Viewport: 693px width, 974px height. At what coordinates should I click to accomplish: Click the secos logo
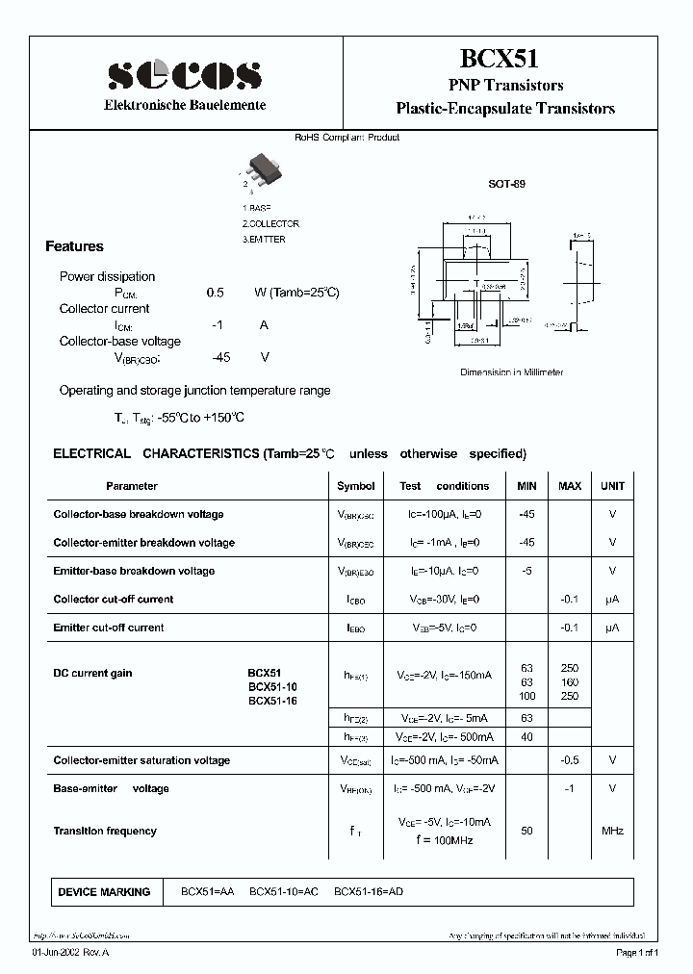tap(184, 74)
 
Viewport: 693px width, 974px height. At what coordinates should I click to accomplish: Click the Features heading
tap(75, 246)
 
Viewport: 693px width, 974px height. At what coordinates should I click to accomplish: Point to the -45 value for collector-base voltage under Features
tap(221, 357)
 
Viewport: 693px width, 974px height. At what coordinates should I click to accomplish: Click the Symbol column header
tap(356, 486)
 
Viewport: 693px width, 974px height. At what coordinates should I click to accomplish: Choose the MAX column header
tap(570, 486)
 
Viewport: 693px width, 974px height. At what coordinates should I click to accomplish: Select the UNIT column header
tap(612, 486)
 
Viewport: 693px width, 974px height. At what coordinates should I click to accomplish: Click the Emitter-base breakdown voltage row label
tap(134, 571)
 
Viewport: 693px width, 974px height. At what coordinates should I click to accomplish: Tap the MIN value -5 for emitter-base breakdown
tap(526, 571)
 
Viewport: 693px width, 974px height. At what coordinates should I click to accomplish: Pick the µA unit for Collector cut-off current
tap(612, 599)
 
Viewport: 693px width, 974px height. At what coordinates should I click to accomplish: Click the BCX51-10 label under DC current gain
tap(273, 687)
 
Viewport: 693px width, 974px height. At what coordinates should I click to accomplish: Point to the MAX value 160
tap(570, 682)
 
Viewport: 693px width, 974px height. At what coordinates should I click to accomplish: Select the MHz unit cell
tap(612, 831)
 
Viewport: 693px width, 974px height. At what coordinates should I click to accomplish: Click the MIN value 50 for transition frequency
tap(526, 831)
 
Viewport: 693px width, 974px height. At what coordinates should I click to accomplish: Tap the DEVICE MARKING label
tap(104, 892)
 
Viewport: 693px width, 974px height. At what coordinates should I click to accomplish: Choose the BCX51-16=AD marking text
tap(369, 892)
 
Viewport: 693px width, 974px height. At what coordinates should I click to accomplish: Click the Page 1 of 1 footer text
tap(637, 953)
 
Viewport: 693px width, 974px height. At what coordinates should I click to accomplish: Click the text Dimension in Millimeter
tap(511, 372)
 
